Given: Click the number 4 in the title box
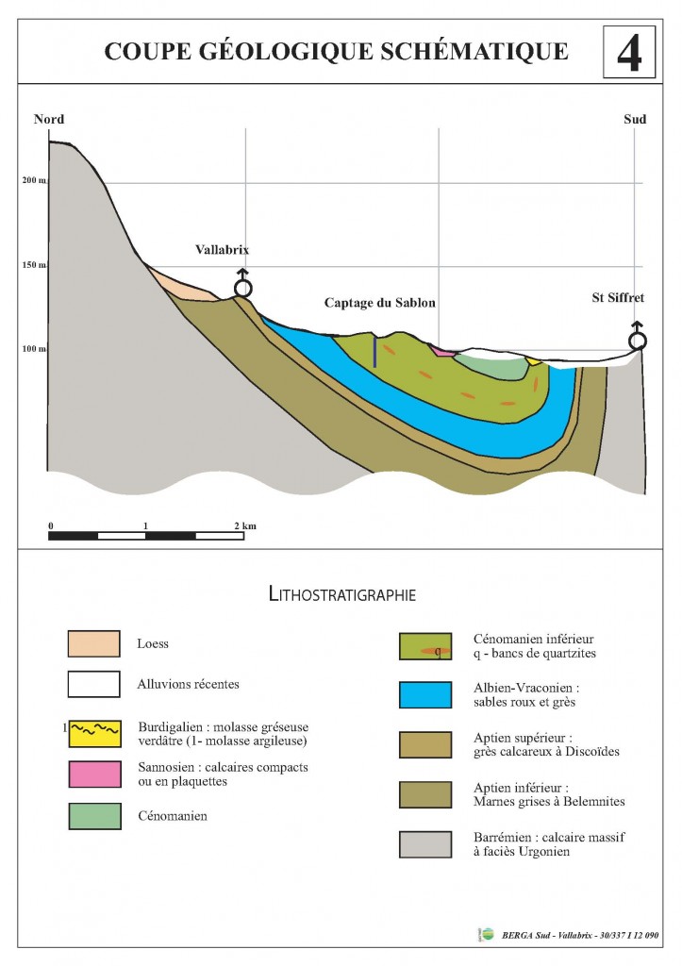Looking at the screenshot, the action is tap(629, 53).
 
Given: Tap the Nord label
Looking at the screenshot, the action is tap(49, 119).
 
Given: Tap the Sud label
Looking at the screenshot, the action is tap(635, 119).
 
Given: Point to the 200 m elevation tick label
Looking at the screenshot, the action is tap(35, 180).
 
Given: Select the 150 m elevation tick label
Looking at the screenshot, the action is tap(35, 265).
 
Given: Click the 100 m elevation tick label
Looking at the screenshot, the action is tap(35, 349).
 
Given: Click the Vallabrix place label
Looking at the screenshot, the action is tap(223, 249).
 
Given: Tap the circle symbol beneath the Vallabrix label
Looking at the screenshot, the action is tap(243, 288).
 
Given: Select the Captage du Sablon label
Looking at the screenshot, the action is tap(380, 303).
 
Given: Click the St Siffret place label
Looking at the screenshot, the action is tap(618, 297).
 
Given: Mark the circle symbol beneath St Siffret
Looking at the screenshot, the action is tap(637, 341).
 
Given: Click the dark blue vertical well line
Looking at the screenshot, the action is tap(374, 352).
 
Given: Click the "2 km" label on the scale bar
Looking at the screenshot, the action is tap(244, 525).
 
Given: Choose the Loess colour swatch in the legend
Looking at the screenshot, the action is tap(93, 643).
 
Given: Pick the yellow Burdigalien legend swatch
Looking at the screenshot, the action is tap(95, 734).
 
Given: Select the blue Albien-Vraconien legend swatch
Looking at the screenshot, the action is tap(425, 694).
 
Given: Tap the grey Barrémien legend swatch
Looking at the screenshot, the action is tap(425, 844).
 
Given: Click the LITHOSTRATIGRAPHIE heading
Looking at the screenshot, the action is tap(341, 594).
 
